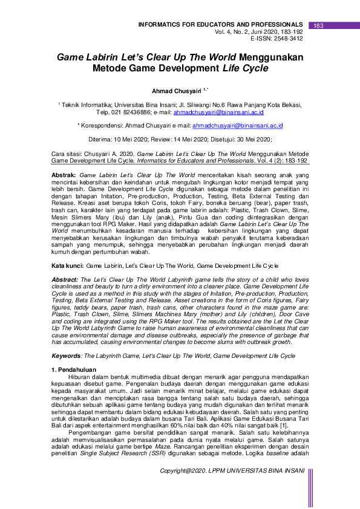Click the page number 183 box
point(319,25)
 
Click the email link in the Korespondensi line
point(238,126)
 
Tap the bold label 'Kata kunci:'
point(67,265)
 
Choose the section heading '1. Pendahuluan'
point(75,369)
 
